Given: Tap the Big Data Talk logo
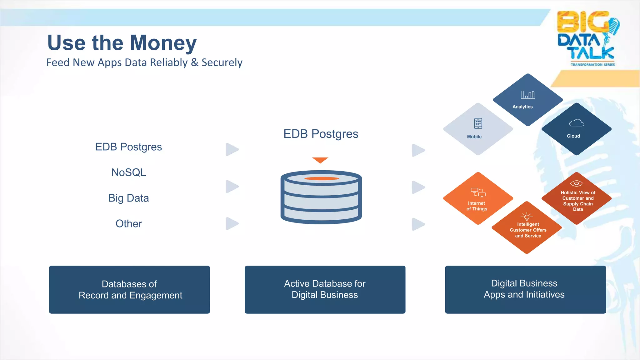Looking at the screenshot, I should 587,38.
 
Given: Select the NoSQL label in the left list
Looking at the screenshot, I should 128,172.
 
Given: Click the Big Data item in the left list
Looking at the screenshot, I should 128,198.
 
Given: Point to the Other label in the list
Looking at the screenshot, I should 128,224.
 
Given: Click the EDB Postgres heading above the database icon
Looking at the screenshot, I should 321,134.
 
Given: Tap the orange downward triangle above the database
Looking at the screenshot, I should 320,160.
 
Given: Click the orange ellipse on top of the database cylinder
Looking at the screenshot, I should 322,178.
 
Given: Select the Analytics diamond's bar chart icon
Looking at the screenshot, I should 528,95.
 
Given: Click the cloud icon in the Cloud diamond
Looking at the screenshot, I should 576,123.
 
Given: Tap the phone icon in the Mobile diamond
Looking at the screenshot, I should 478,123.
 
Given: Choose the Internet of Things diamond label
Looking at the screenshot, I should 477,206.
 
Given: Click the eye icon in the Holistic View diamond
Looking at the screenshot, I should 576,183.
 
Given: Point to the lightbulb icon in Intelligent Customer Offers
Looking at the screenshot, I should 527,216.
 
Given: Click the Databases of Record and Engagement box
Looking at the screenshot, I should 129,290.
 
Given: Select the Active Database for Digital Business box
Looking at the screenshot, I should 325,290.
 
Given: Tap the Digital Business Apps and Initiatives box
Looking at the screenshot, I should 525,290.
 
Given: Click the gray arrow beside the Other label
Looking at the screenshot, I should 232,224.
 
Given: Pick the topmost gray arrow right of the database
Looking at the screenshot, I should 418,150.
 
